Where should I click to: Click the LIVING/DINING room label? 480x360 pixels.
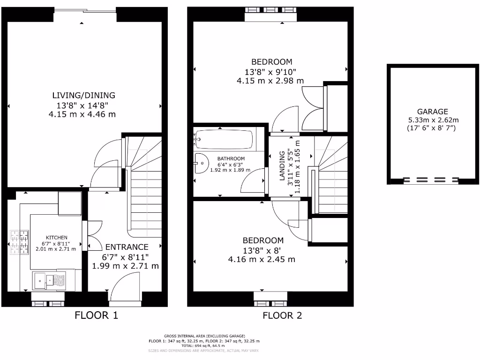coord(83,95)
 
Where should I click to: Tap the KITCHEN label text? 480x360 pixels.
coord(56,238)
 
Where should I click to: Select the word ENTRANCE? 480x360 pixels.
coord(127,247)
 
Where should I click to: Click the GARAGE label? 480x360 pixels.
coord(433,112)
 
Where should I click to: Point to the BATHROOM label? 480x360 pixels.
coord(231,158)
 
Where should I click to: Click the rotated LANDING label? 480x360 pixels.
coord(282,165)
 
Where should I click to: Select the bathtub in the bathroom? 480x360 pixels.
coord(225,139)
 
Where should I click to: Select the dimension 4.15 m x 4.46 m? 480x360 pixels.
coord(82,114)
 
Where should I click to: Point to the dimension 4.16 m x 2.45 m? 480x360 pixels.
coord(262,259)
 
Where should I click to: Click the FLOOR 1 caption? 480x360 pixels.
coord(96,315)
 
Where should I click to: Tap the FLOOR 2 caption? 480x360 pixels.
coord(282,315)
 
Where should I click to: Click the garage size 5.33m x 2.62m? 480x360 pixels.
coord(433,120)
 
